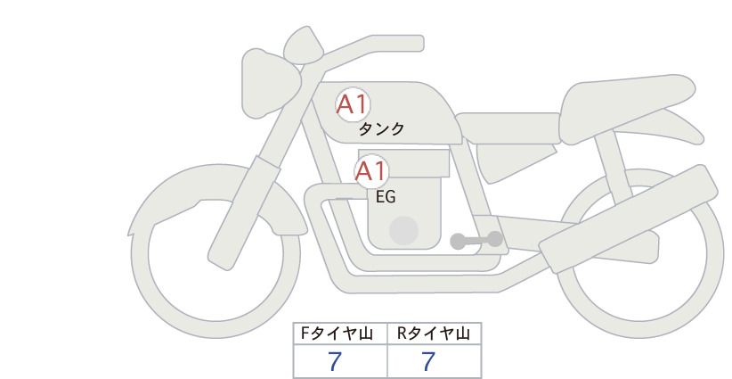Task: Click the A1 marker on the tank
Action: click(x=353, y=104)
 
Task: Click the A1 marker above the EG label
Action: click(x=370, y=171)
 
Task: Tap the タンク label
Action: click(x=381, y=129)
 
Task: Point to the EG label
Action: click(x=386, y=197)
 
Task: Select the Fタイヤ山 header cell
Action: click(x=340, y=334)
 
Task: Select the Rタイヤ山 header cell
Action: click(x=435, y=334)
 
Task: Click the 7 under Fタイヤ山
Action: click(x=335, y=361)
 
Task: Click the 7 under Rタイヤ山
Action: click(x=428, y=361)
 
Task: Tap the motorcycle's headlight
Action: click(x=270, y=83)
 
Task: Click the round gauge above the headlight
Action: click(x=304, y=45)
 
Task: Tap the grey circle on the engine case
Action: click(x=403, y=230)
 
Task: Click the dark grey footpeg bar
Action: click(x=476, y=240)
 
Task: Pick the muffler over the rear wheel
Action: click(x=628, y=218)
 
